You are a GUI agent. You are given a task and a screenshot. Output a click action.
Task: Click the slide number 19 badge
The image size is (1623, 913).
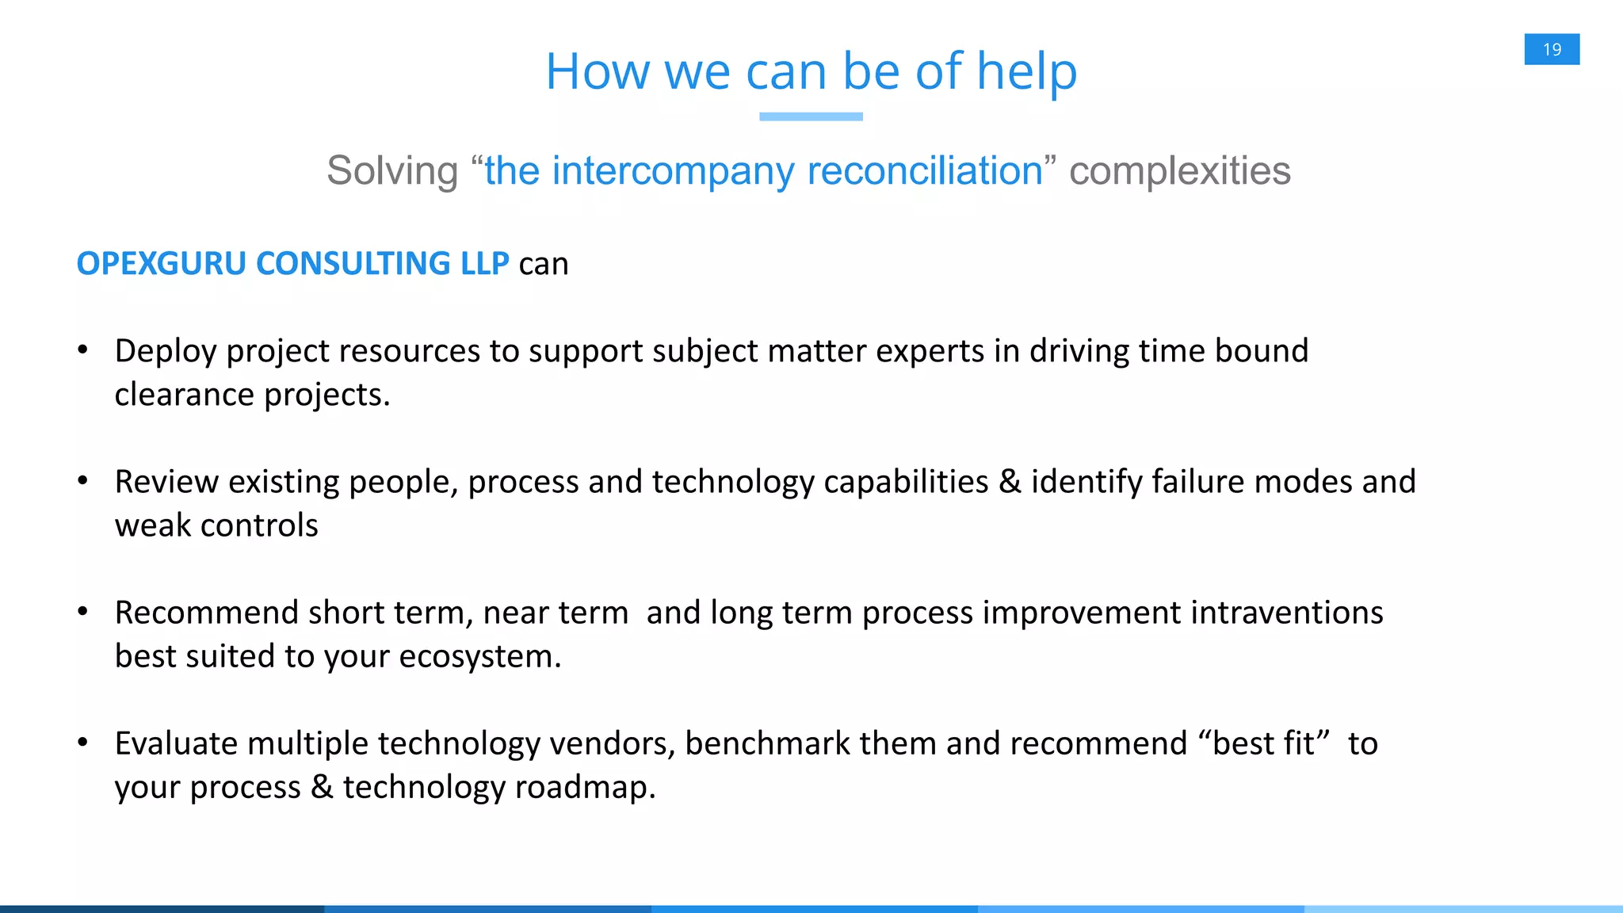pyautogui.click(x=1552, y=49)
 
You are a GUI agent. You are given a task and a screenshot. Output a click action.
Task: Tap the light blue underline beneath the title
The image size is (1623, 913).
pyautogui.click(x=811, y=117)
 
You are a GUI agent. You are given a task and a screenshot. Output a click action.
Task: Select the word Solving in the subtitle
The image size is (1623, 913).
pyautogui.click(x=392, y=171)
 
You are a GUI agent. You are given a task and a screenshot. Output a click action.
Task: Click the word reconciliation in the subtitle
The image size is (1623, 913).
pyautogui.click(x=925, y=171)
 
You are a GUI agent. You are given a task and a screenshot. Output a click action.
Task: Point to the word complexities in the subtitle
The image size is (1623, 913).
pyautogui.click(x=1179, y=171)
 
